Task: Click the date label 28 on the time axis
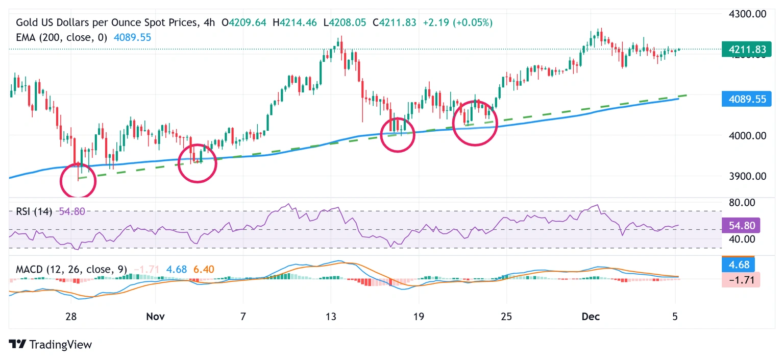(x=71, y=317)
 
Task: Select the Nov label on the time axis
(x=155, y=317)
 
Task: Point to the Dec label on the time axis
(x=591, y=317)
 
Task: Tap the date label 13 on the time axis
(x=331, y=317)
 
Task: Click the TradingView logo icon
(x=18, y=345)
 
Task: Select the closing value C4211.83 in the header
(x=394, y=22)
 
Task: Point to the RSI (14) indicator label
(x=31, y=211)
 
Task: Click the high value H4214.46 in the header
(x=301, y=22)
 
